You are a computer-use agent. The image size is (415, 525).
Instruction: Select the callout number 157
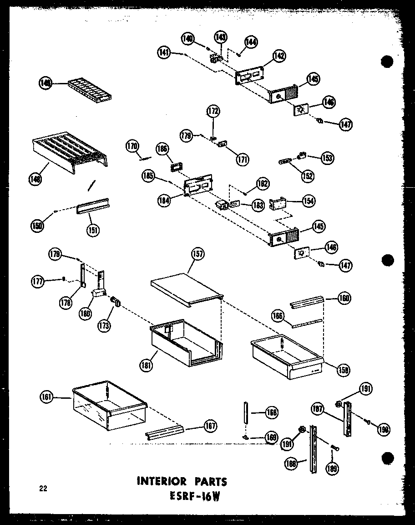click(x=197, y=254)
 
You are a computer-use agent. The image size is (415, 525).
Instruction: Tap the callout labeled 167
click(x=210, y=426)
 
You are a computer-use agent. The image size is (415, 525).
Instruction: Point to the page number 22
click(x=43, y=489)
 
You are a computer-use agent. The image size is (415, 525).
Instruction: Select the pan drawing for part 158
click(x=287, y=358)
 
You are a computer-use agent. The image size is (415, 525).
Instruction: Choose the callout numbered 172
click(x=213, y=111)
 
